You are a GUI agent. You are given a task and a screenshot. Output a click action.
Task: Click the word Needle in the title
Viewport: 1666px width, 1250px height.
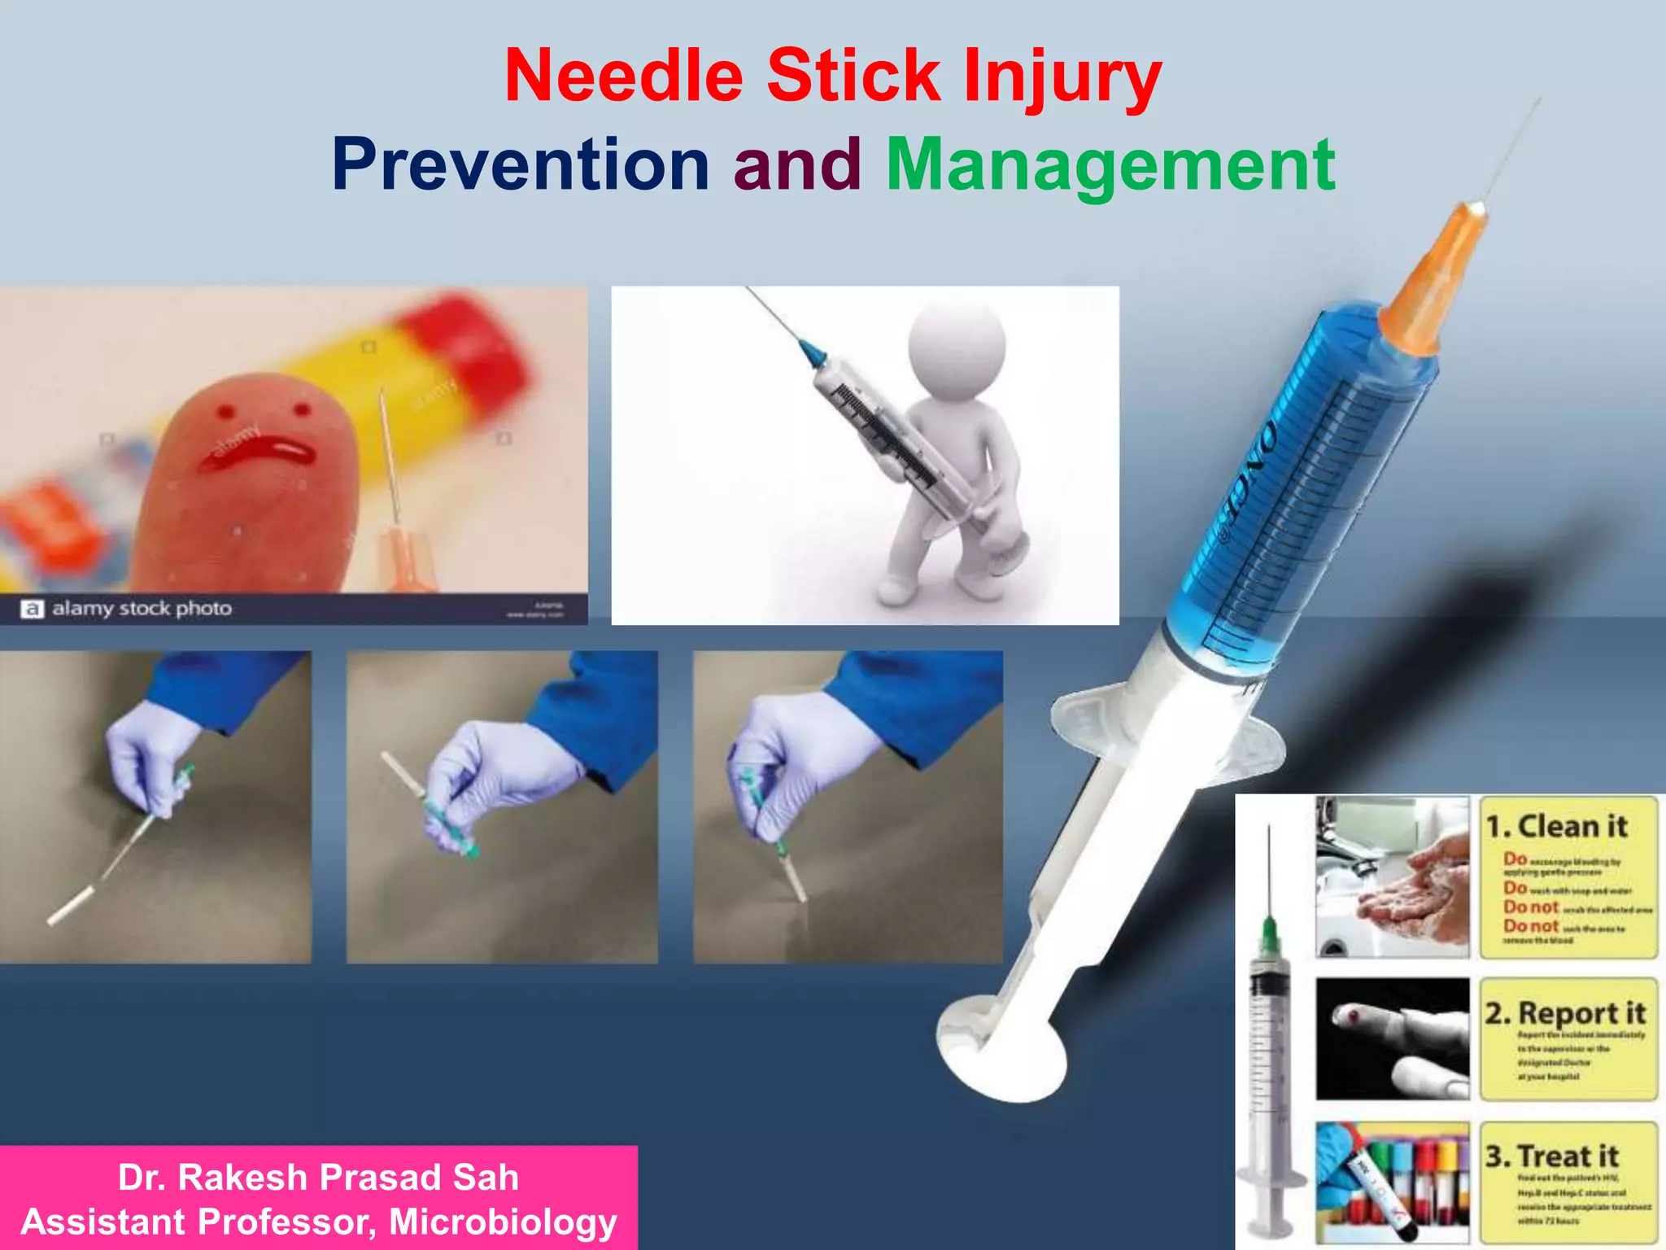coord(623,76)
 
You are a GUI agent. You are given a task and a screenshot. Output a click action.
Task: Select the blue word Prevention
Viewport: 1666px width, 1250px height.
coord(521,164)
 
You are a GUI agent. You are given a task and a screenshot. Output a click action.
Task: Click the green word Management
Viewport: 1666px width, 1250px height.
coord(1110,166)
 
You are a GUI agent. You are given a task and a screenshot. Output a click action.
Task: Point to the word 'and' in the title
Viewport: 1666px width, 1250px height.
coord(797,164)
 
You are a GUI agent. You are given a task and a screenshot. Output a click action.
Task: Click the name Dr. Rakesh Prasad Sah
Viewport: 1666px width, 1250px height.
coord(318,1177)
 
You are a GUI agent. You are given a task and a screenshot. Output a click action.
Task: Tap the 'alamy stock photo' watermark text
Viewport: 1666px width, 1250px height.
coord(142,608)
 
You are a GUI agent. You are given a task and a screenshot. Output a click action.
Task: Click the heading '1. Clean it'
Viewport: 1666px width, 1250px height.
coord(1556,827)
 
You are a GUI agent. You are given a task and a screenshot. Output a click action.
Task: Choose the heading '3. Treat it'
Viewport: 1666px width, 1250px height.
coord(1551,1156)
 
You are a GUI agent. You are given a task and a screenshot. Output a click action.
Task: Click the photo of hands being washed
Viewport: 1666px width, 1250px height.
coord(1393,877)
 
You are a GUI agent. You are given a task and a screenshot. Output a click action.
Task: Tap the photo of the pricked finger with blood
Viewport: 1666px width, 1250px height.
coord(1393,1038)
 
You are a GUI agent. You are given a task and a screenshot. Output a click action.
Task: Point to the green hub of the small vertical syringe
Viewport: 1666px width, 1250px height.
coord(1268,936)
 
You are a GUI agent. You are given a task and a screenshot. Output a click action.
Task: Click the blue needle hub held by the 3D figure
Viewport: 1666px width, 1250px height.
coord(813,352)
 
